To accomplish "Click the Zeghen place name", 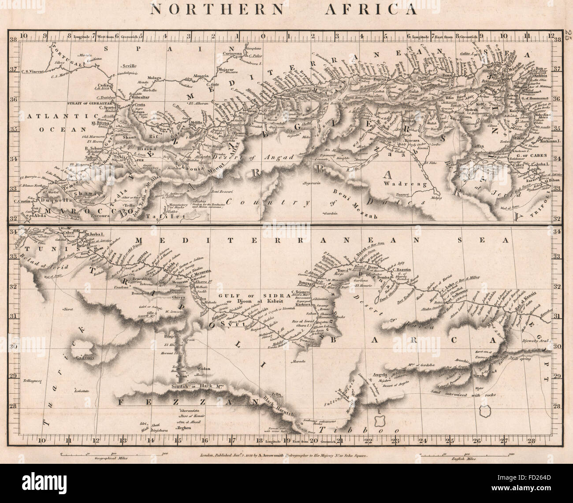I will point(185,428).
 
